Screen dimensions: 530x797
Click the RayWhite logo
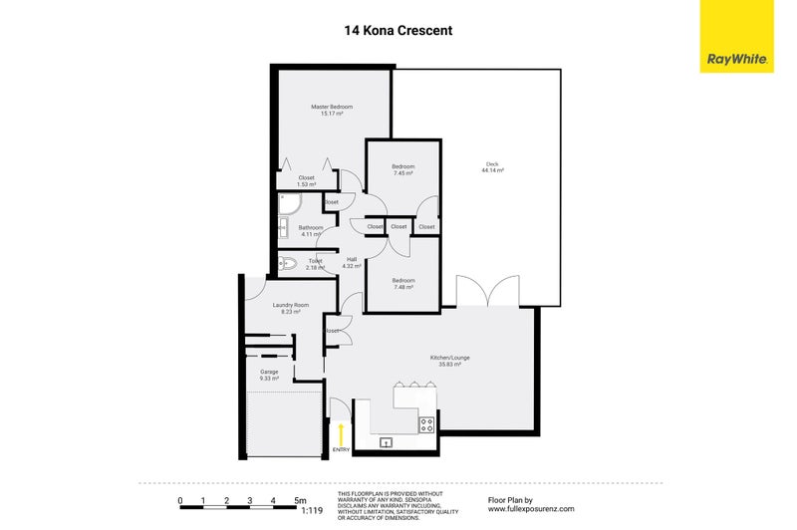point(736,37)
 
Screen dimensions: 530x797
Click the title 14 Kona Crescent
point(398,30)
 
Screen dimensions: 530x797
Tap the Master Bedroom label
point(332,107)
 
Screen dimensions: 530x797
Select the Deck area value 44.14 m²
point(493,171)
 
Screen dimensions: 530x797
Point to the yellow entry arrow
point(342,433)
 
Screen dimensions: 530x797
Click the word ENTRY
point(342,450)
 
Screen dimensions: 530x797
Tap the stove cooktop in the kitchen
point(426,423)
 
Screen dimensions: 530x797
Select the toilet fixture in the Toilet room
point(287,264)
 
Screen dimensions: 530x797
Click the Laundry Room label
point(291,305)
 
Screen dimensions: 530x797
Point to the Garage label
point(269,372)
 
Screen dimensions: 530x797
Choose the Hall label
point(352,259)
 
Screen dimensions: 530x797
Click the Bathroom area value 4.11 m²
point(311,234)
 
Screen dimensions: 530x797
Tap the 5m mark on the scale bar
point(300,500)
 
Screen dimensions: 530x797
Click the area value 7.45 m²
point(402,173)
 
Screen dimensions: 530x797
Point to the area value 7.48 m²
point(402,287)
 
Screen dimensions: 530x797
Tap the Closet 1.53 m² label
point(307,184)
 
